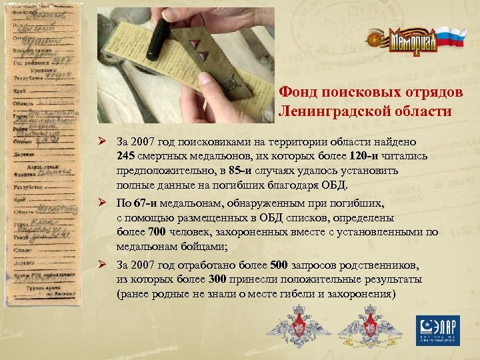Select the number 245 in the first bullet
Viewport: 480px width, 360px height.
[126, 156]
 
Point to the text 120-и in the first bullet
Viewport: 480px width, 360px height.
[363, 156]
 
